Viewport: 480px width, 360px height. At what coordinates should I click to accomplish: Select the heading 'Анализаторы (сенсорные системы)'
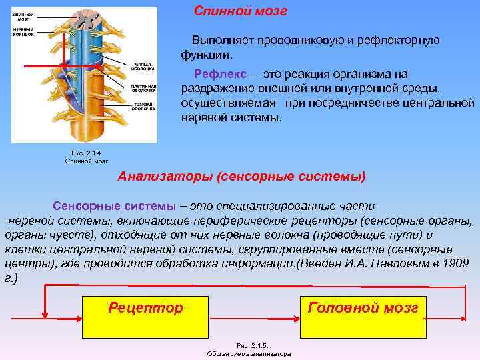click(x=242, y=177)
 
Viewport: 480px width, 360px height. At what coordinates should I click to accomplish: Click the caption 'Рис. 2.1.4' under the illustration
click(x=86, y=153)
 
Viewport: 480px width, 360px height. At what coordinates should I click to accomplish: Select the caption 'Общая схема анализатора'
click(x=249, y=354)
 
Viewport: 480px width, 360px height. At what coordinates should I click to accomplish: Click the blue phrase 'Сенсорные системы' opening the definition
click(x=115, y=206)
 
